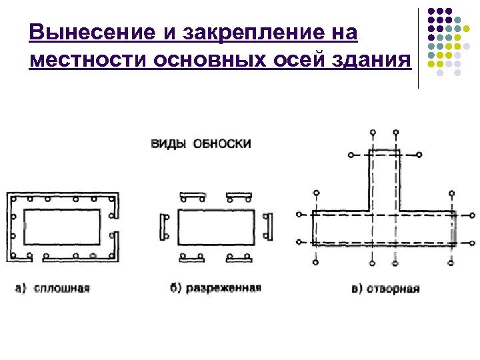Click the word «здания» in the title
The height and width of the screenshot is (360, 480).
(371, 60)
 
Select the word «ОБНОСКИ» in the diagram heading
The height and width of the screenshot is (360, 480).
(222, 143)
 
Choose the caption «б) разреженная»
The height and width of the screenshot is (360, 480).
(215, 288)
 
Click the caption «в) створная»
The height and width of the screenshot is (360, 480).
(385, 289)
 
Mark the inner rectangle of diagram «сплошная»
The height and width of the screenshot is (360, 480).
(63, 227)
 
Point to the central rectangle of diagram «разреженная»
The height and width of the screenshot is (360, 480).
(215, 227)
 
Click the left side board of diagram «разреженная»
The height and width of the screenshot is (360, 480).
(163, 227)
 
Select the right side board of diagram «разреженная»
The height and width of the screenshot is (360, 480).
(268, 227)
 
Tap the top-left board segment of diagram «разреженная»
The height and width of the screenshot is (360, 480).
(192, 195)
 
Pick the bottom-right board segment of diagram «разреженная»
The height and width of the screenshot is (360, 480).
(239, 257)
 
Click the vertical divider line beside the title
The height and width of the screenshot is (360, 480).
(418, 47)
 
